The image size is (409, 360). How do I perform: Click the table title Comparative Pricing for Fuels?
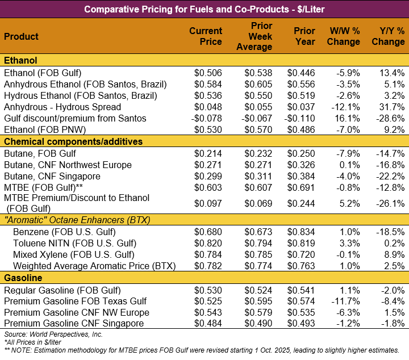click(204, 9)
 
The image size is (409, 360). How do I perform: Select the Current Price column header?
click(205, 36)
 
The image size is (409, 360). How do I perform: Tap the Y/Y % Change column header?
click(388, 36)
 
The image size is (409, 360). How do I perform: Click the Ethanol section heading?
click(20, 61)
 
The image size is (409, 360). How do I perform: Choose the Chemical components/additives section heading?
click(73, 141)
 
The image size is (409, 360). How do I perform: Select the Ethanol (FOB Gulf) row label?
click(43, 73)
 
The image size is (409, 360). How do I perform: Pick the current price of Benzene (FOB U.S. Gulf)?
click(208, 232)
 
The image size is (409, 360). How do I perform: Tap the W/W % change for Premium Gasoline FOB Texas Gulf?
click(346, 301)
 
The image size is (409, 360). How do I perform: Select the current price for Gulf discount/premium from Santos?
click(207, 118)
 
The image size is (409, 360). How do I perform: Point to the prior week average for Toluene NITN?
click(258, 243)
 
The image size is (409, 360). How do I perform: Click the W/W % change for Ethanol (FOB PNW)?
click(348, 129)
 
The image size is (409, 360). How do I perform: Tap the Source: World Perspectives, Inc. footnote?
click(53, 334)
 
